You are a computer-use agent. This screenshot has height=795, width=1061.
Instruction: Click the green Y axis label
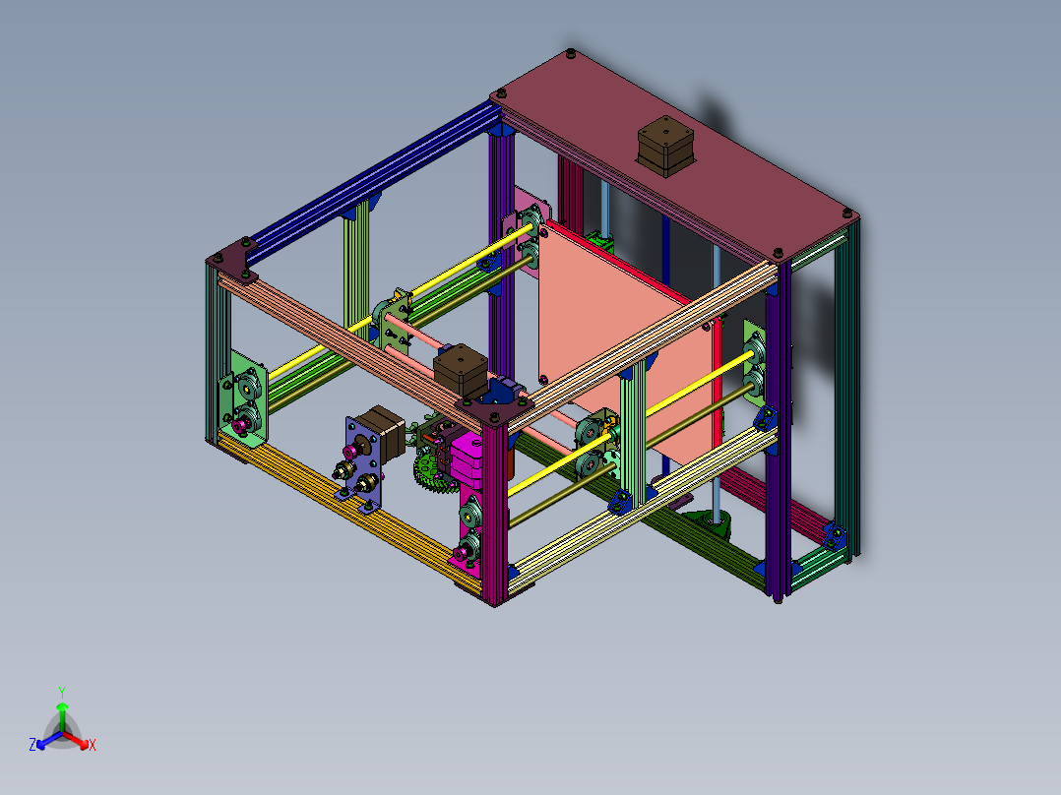tap(61, 692)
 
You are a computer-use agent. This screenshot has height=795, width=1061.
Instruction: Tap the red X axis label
tap(93, 746)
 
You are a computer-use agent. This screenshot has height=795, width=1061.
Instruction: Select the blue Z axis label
tap(32, 745)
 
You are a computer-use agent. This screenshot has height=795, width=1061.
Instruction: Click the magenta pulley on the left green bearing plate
tap(239, 425)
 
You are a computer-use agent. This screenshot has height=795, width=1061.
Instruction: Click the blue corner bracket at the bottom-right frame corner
tap(836, 535)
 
